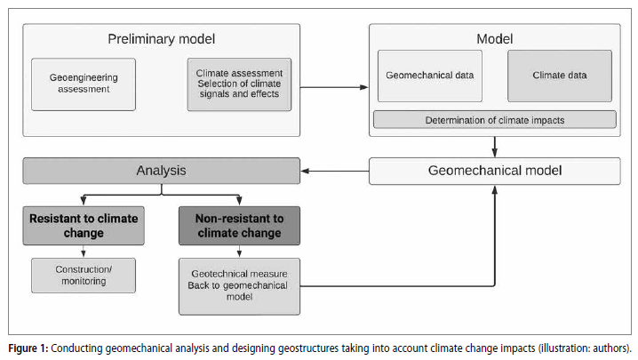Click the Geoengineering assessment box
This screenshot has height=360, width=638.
point(84,84)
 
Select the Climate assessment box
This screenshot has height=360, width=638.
point(239,84)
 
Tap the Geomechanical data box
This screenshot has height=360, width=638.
point(430,76)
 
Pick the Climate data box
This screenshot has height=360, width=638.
point(560,76)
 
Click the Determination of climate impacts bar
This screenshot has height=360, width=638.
point(495,120)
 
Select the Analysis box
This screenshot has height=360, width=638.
point(162,171)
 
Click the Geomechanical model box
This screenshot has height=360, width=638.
point(495,171)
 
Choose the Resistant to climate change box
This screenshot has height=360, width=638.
point(84,226)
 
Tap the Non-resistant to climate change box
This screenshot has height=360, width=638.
point(239,226)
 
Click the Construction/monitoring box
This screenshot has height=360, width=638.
point(84,276)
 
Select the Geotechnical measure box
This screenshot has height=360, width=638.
point(239,286)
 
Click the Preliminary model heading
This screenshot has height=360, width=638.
point(162,39)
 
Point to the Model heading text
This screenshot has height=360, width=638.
point(495,39)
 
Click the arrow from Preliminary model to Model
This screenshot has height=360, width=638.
point(334,87)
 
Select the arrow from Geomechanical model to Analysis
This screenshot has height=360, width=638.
point(335,171)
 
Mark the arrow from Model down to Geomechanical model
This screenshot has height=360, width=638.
point(495,147)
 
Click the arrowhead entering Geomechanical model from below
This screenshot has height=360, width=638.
point(495,189)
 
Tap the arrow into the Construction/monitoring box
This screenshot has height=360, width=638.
point(84,252)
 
